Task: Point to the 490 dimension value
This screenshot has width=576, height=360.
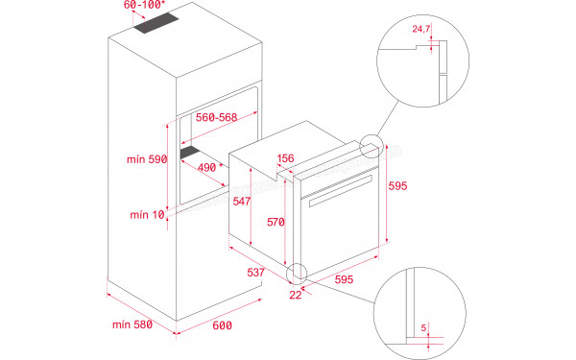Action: pyautogui.click(x=207, y=166)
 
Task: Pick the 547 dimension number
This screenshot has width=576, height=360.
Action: pyautogui.click(x=241, y=202)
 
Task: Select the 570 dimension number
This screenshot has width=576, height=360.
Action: pyautogui.click(x=276, y=223)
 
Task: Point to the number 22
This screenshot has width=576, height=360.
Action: pyautogui.click(x=296, y=295)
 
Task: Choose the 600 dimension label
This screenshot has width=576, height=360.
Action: pyautogui.click(x=222, y=326)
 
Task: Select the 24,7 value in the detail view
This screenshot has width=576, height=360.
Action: pyautogui.click(x=420, y=30)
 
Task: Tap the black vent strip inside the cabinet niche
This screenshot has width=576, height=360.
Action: pyautogui.click(x=197, y=151)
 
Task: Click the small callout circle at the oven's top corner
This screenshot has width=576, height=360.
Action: pyautogui.click(x=369, y=148)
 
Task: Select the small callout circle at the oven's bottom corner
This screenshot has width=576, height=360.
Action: pyautogui.click(x=298, y=274)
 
